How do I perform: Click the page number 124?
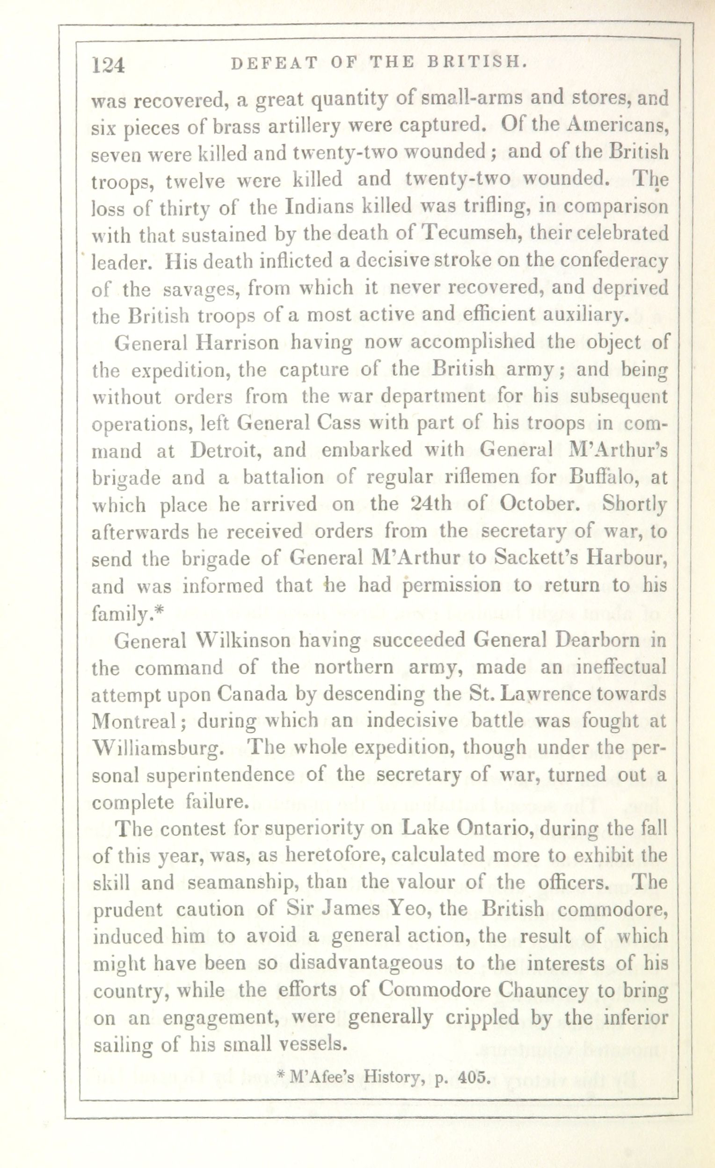(109, 65)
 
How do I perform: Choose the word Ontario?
(494, 828)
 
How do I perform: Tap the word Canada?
(252, 694)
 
